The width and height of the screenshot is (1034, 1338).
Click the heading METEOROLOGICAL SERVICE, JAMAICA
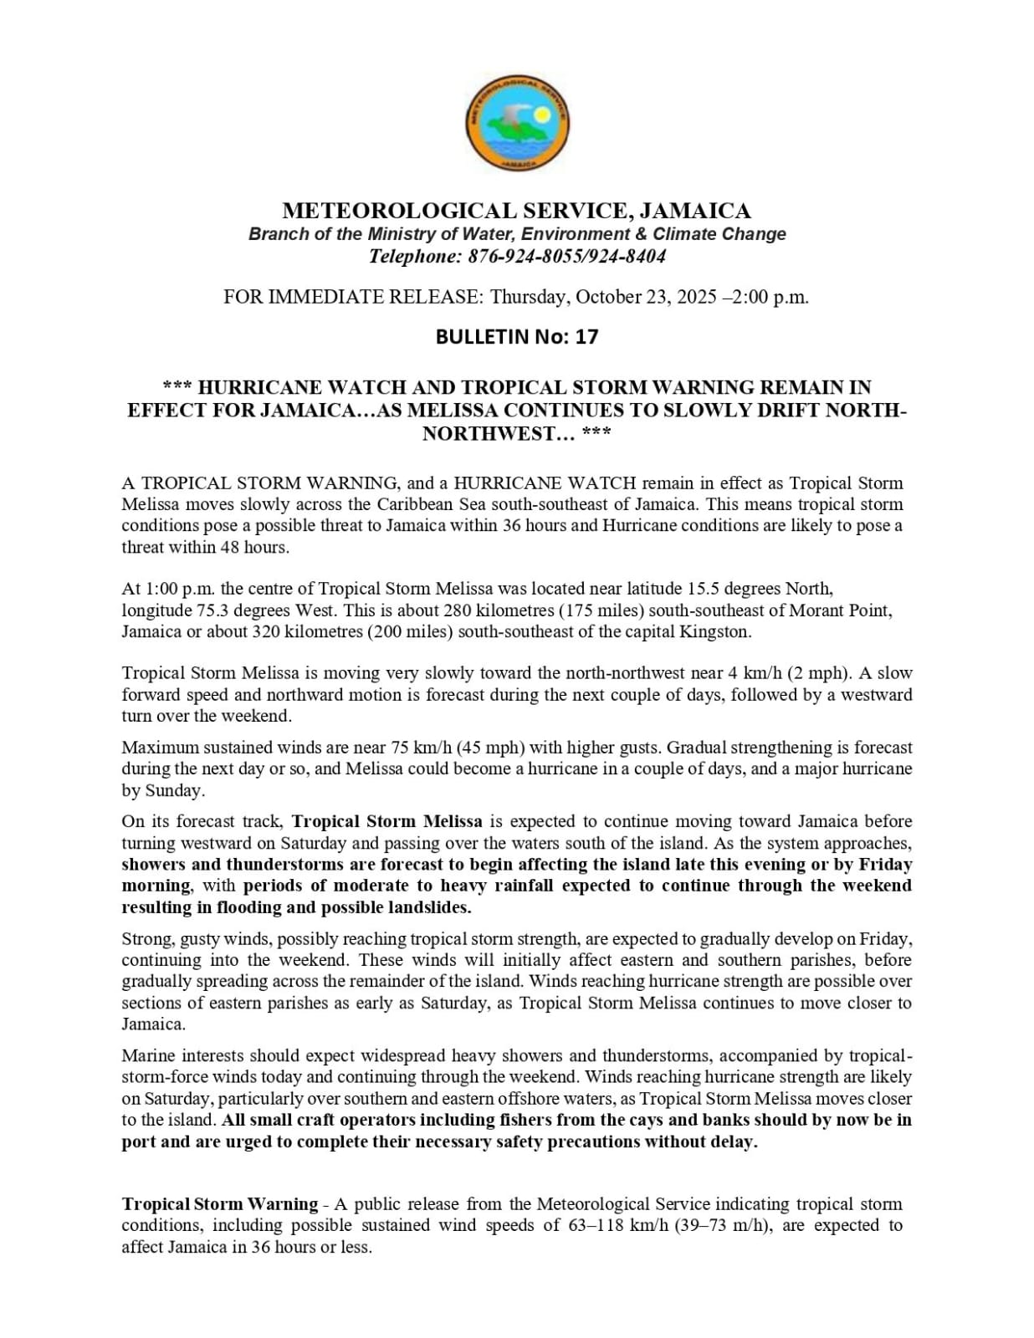tap(516, 211)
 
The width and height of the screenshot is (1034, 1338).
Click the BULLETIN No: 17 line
tap(516, 337)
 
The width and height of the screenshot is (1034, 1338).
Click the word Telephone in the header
tap(413, 257)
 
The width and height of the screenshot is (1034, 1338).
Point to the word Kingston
tap(716, 632)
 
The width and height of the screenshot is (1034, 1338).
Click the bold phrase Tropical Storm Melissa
tap(386, 822)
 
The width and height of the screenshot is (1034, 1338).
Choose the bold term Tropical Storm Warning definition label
tap(219, 1204)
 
